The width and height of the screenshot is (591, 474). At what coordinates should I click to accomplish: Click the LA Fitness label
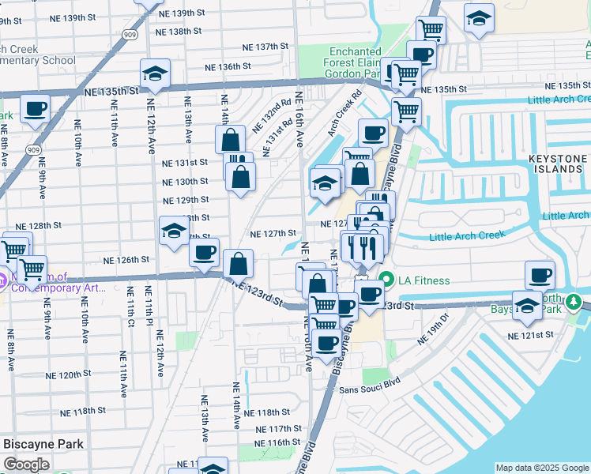point(424,280)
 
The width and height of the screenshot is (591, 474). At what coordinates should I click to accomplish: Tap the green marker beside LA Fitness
point(387,280)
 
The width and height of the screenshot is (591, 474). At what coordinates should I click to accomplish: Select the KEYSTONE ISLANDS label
point(559,164)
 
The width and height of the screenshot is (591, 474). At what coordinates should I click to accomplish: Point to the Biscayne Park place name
point(43,444)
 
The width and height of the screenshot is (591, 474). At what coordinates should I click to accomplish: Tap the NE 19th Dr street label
point(432,329)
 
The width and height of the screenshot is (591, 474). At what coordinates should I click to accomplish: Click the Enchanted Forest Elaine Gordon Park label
point(356,62)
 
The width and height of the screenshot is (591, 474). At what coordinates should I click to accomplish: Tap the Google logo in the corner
point(26,465)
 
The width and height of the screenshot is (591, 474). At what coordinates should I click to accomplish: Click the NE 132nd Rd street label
point(273,116)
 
